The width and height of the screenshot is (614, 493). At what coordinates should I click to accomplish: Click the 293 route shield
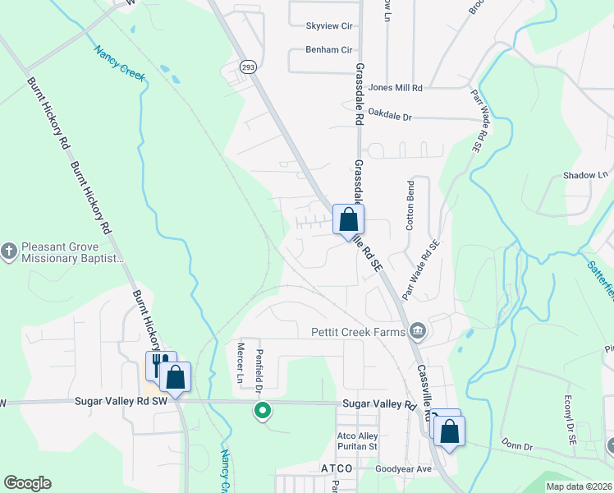coord(246,66)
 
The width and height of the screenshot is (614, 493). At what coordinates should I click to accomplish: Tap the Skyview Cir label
coord(328,26)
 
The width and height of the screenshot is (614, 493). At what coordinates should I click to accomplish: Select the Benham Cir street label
coord(328,50)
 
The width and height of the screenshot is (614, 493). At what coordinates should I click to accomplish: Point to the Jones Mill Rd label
coord(396,88)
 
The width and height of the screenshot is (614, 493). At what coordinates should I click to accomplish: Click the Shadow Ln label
coord(585,175)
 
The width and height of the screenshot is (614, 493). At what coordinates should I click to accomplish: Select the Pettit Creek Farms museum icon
coord(418,331)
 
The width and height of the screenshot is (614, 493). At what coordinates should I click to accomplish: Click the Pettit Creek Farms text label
coord(358,332)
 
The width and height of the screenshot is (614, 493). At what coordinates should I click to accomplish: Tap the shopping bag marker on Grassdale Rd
coord(348,220)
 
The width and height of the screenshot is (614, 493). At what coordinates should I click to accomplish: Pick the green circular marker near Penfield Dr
coord(263,409)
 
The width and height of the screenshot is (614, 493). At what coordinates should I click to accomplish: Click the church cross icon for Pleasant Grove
coord(9,250)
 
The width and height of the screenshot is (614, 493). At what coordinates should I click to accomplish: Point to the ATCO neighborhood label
coord(336,468)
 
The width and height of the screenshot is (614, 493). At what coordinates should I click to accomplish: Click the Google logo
coord(27,483)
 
